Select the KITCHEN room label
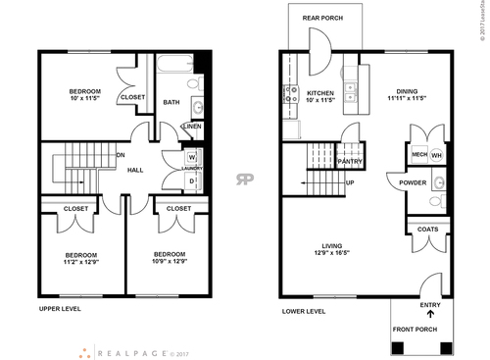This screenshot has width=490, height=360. [x=319, y=94]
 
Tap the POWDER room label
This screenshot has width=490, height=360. [x=413, y=182]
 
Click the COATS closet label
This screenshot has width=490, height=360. [x=428, y=229]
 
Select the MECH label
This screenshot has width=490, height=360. [x=418, y=154]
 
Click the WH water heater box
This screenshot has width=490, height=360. [x=437, y=154]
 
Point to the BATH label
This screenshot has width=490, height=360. [x=171, y=102]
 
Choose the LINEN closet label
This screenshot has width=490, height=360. [x=192, y=127]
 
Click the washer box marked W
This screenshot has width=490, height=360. [x=191, y=157]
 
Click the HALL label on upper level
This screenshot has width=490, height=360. [x=135, y=170]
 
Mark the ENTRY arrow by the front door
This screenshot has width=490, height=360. [x=429, y=315]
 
